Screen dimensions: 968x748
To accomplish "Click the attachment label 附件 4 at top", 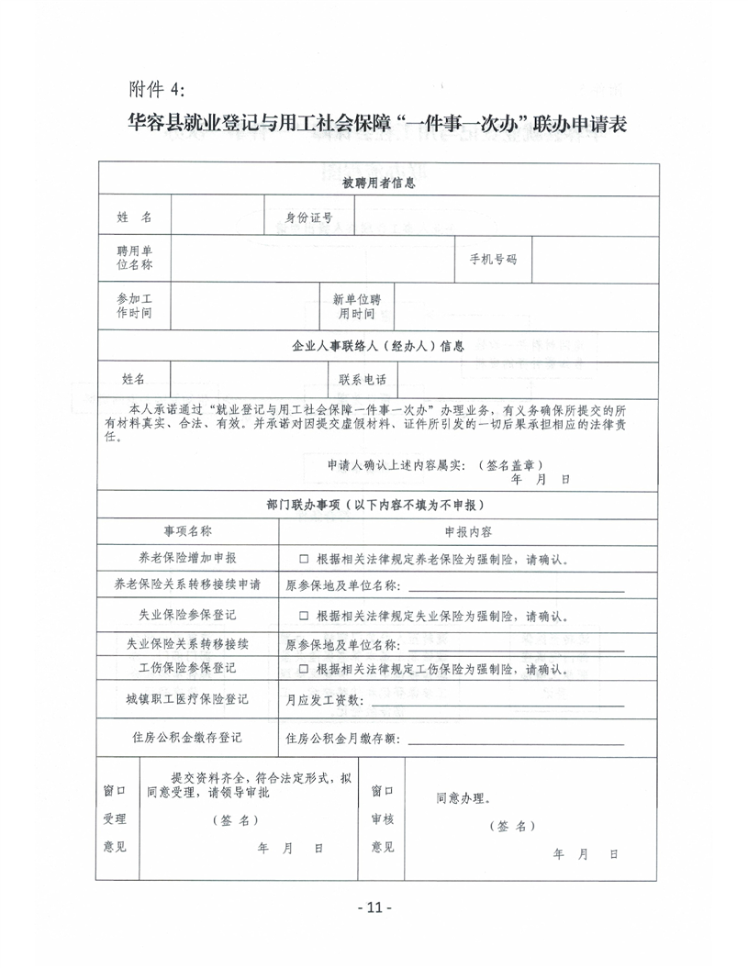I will pyautogui.click(x=157, y=89).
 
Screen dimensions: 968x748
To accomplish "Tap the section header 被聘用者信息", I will pyautogui.click(x=378, y=183).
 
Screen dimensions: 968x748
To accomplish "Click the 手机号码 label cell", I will pyautogui.click(x=493, y=260).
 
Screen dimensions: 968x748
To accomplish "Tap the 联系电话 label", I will pyautogui.click(x=363, y=380).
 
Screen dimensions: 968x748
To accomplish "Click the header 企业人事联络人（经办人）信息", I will pyautogui.click(x=378, y=347).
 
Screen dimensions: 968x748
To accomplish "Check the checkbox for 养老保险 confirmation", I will pyautogui.click(x=303, y=559).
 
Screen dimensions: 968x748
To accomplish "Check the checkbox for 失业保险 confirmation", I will pyautogui.click(x=303, y=616).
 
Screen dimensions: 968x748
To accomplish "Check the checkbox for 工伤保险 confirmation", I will pyautogui.click(x=303, y=670).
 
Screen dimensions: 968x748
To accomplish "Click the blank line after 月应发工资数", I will pyautogui.click(x=496, y=703).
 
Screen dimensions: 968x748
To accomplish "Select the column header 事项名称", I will pyautogui.click(x=187, y=531).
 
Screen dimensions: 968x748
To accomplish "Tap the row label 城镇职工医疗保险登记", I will pyautogui.click(x=187, y=700).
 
